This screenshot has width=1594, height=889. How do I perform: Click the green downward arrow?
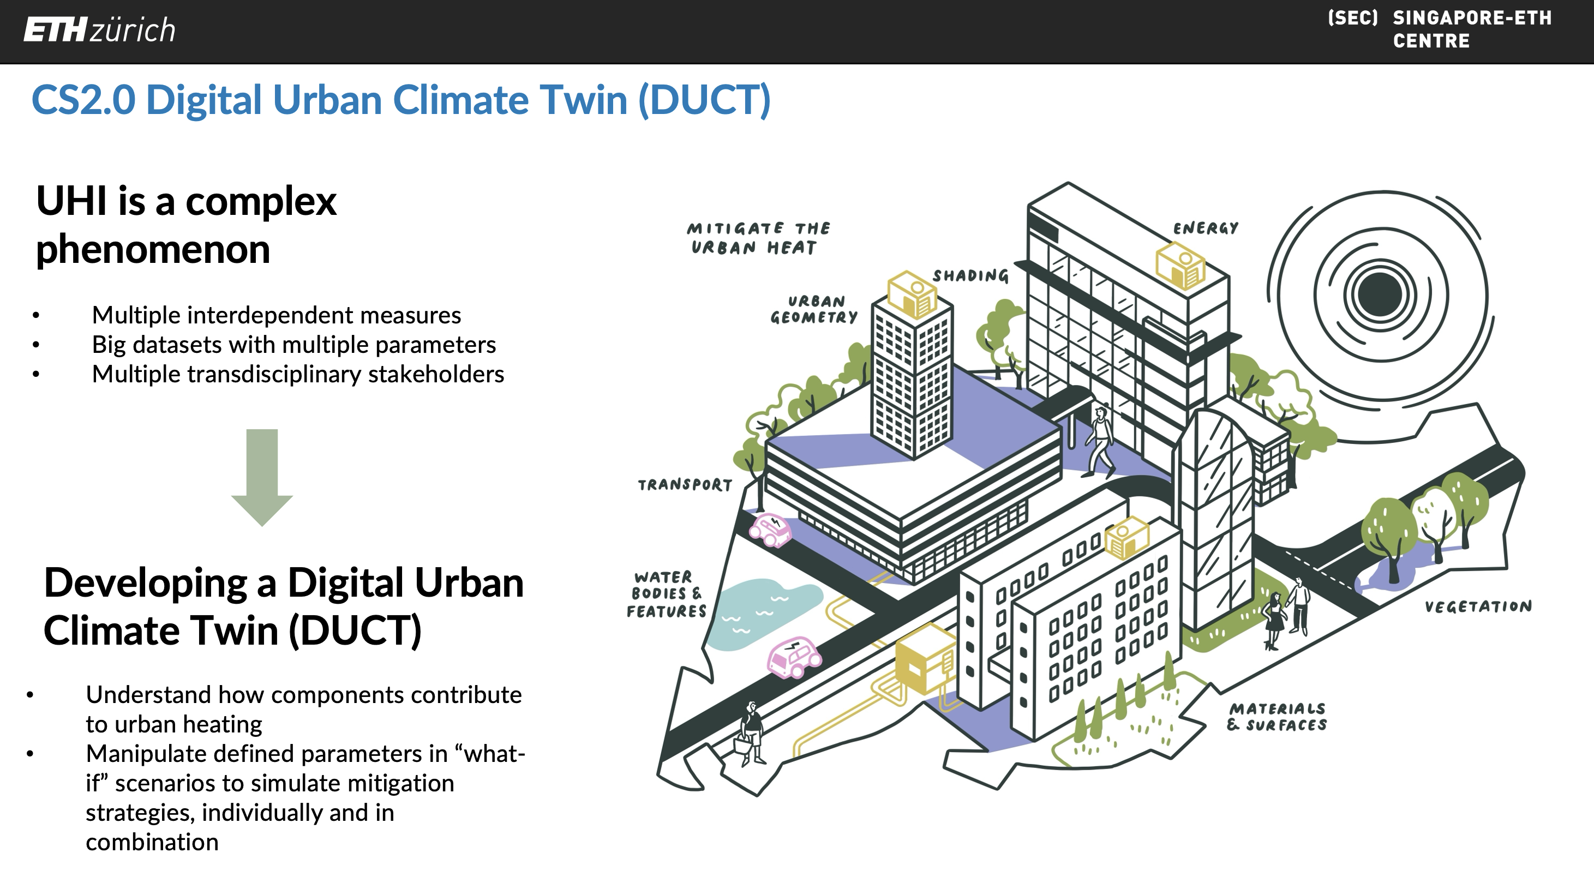click(262, 478)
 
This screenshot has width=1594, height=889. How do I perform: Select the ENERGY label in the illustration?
click(1206, 229)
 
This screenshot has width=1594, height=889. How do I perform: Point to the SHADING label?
click(970, 275)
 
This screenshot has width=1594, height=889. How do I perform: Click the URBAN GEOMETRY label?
click(814, 309)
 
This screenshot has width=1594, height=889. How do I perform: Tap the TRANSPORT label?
click(685, 484)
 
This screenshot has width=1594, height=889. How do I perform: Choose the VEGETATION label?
click(1478, 606)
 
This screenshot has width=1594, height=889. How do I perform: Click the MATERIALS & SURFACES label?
click(1277, 717)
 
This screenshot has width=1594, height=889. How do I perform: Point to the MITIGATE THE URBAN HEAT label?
click(758, 238)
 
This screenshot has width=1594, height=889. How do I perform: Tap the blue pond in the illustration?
click(763, 613)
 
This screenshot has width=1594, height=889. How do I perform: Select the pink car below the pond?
click(794, 657)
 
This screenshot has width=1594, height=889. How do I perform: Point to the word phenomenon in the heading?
click(153, 250)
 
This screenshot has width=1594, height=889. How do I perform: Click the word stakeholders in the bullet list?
click(436, 374)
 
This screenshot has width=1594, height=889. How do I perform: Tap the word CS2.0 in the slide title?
click(83, 100)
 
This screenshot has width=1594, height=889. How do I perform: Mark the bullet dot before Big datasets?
click(36, 345)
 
